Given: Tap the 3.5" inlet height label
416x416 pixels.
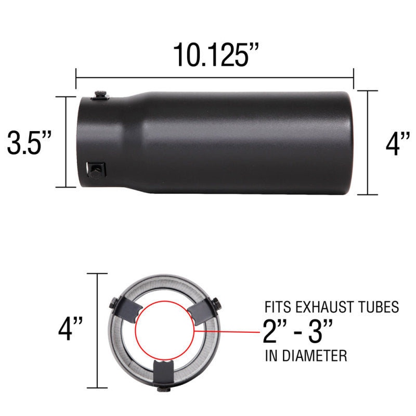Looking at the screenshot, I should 30,142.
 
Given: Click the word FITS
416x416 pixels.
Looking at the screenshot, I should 278,307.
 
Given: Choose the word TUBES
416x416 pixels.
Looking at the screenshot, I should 380,307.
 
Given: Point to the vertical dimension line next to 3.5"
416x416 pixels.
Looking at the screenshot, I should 66,142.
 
